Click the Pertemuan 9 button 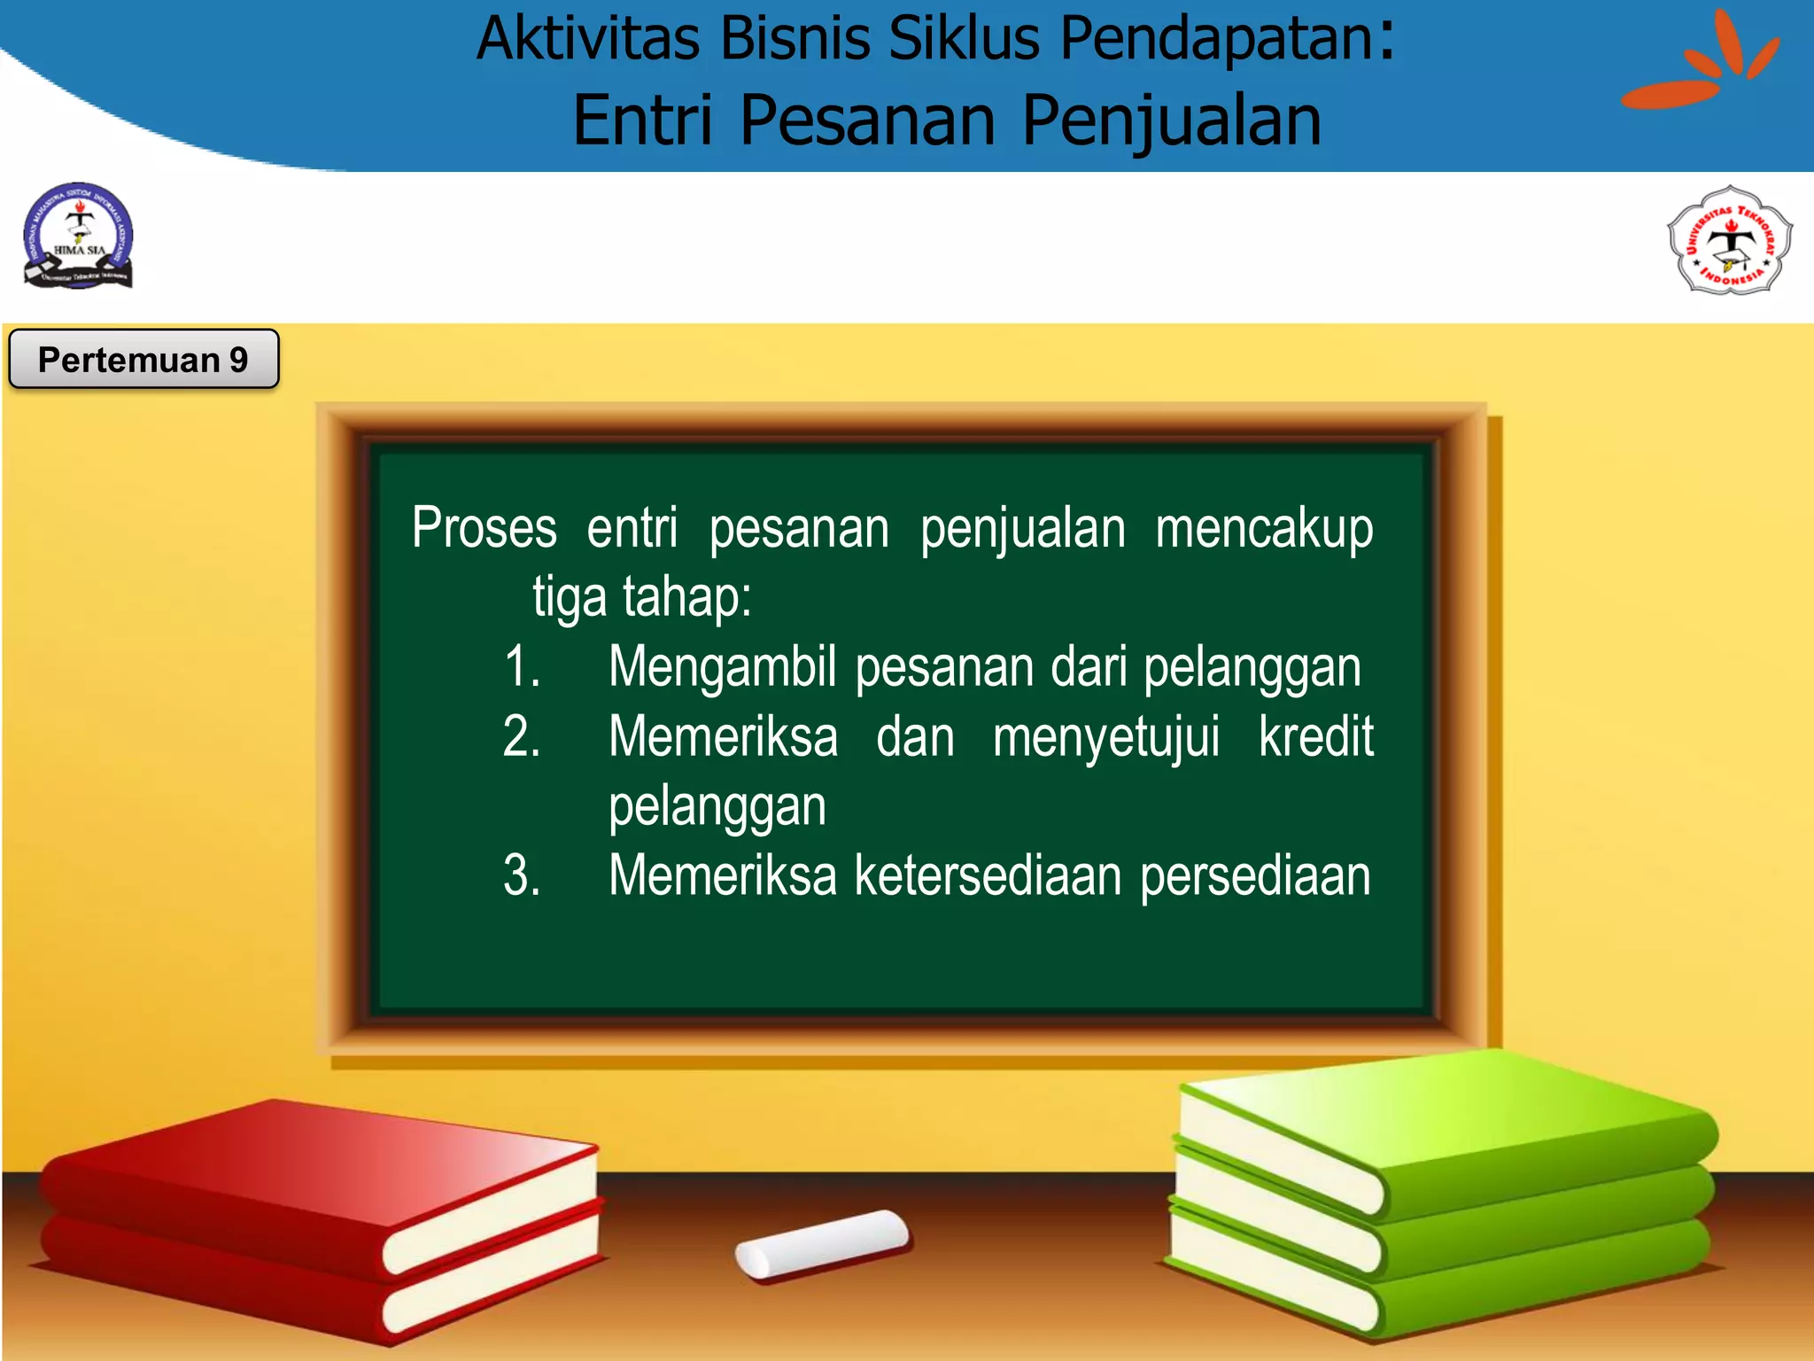click(143, 359)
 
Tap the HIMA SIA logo click(79, 237)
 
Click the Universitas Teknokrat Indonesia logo click(1730, 240)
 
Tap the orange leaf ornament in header click(1701, 66)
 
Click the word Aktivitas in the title click(588, 40)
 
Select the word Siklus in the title click(964, 40)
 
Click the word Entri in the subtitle click(642, 121)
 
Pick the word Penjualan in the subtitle click(1171, 122)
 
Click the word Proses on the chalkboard click(485, 528)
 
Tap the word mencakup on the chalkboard click(1264, 529)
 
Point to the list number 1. click(522, 666)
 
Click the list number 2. click(522, 736)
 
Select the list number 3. click(522, 875)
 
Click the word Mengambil click(722, 667)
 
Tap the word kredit click(1315, 736)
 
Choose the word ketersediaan click(988, 875)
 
